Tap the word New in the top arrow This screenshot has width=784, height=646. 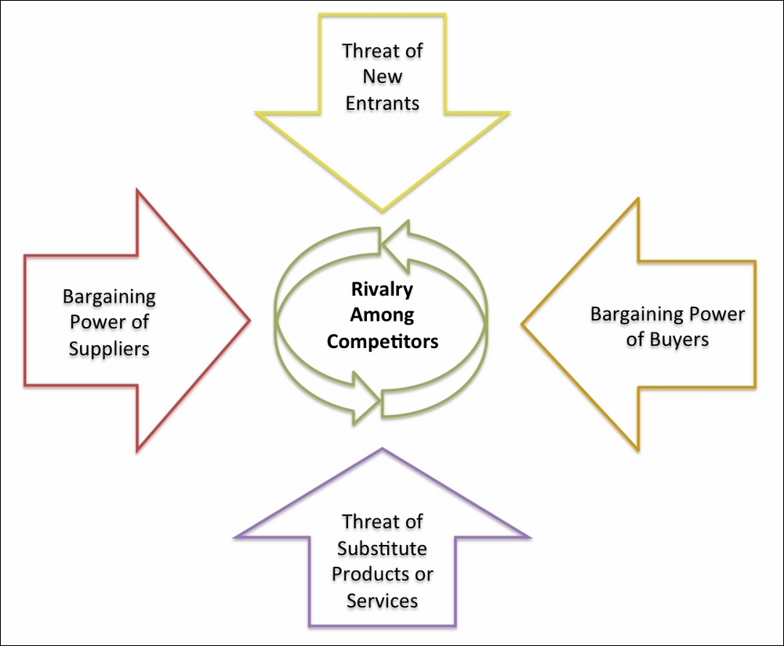383,77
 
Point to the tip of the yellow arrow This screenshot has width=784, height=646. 383,209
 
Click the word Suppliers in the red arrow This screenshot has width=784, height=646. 109,347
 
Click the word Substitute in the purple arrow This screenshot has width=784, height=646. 383,548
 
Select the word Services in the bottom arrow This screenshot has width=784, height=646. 383,600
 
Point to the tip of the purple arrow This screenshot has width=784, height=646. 383,450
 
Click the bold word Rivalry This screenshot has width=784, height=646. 383,290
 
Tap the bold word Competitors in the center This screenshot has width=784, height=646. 383,342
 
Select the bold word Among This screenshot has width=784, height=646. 383,316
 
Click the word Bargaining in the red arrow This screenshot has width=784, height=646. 109,297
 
